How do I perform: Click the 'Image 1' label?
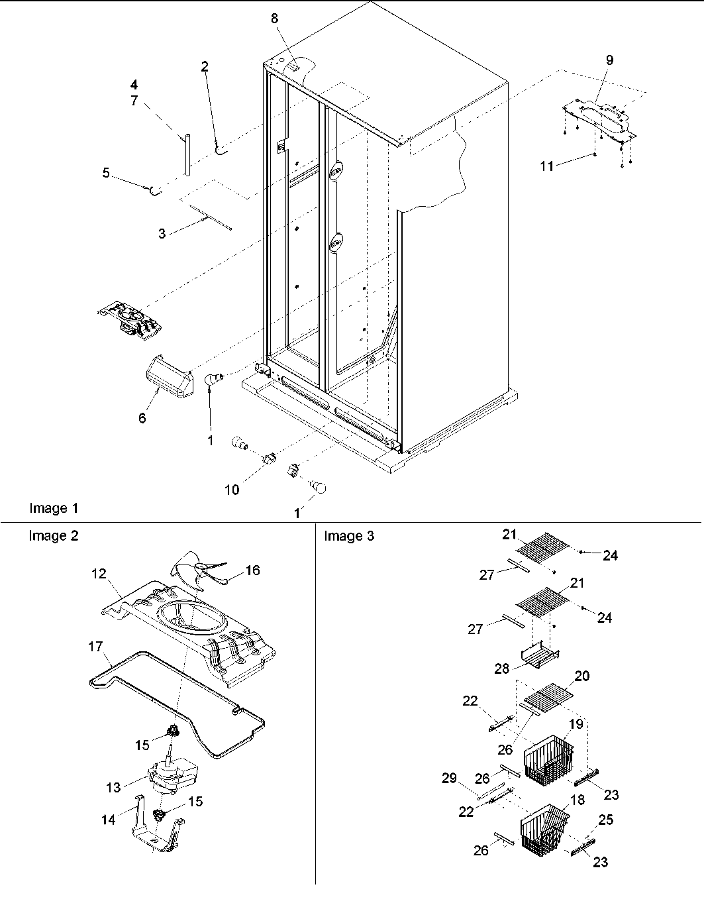tap(54, 508)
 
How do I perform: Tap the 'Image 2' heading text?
tap(53, 535)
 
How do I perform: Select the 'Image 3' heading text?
tap(348, 535)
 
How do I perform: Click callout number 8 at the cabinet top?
tap(275, 19)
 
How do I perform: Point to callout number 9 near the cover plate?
tap(609, 60)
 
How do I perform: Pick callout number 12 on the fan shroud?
tap(99, 574)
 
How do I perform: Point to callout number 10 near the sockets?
tap(231, 490)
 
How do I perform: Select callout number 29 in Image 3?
tap(449, 778)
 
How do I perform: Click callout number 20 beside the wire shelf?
tap(583, 676)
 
